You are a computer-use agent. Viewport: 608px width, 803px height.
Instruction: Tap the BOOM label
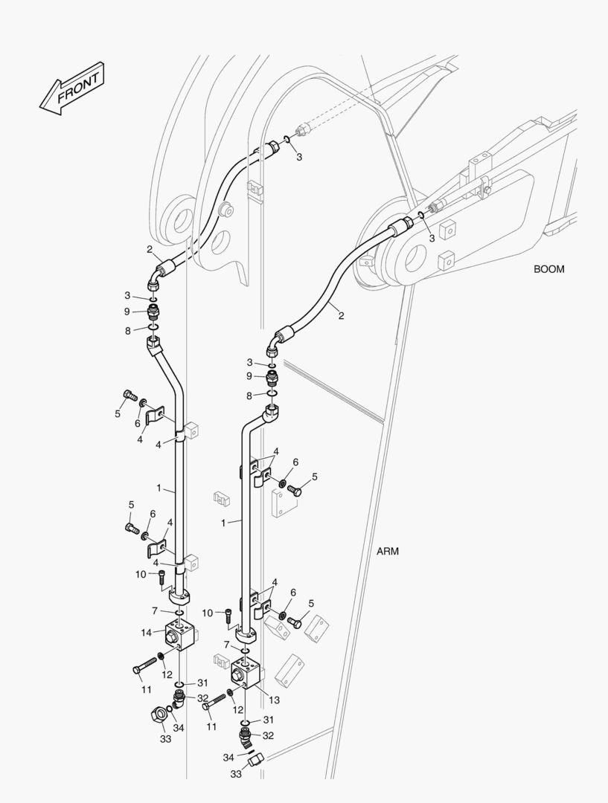548,269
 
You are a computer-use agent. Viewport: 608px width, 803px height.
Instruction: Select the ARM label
387,552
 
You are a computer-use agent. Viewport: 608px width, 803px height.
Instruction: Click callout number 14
146,633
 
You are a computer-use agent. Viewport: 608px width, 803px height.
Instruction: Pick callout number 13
275,700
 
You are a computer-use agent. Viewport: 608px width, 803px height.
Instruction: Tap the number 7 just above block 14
154,611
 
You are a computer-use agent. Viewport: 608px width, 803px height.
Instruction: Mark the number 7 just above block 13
226,645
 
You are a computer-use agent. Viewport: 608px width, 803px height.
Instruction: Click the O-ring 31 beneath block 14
179,685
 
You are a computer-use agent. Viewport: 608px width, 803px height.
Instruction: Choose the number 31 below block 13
269,720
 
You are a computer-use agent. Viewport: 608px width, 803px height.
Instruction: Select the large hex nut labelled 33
159,712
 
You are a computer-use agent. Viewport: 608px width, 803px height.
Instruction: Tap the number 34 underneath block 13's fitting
228,757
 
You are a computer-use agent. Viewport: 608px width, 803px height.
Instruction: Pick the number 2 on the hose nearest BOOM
341,315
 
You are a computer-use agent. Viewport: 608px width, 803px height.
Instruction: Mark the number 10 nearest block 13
207,613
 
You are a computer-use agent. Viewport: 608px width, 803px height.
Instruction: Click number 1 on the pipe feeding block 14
159,488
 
